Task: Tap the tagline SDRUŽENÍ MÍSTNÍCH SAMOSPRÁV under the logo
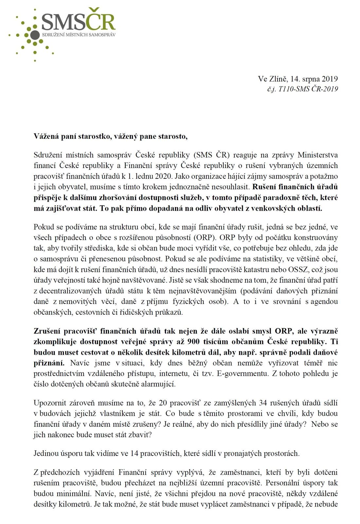click(79, 34)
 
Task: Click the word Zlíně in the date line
click(279, 79)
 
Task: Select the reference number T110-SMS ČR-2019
click(308, 89)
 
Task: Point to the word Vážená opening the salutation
click(46, 136)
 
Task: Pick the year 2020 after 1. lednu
click(164, 176)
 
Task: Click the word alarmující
click(158, 384)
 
